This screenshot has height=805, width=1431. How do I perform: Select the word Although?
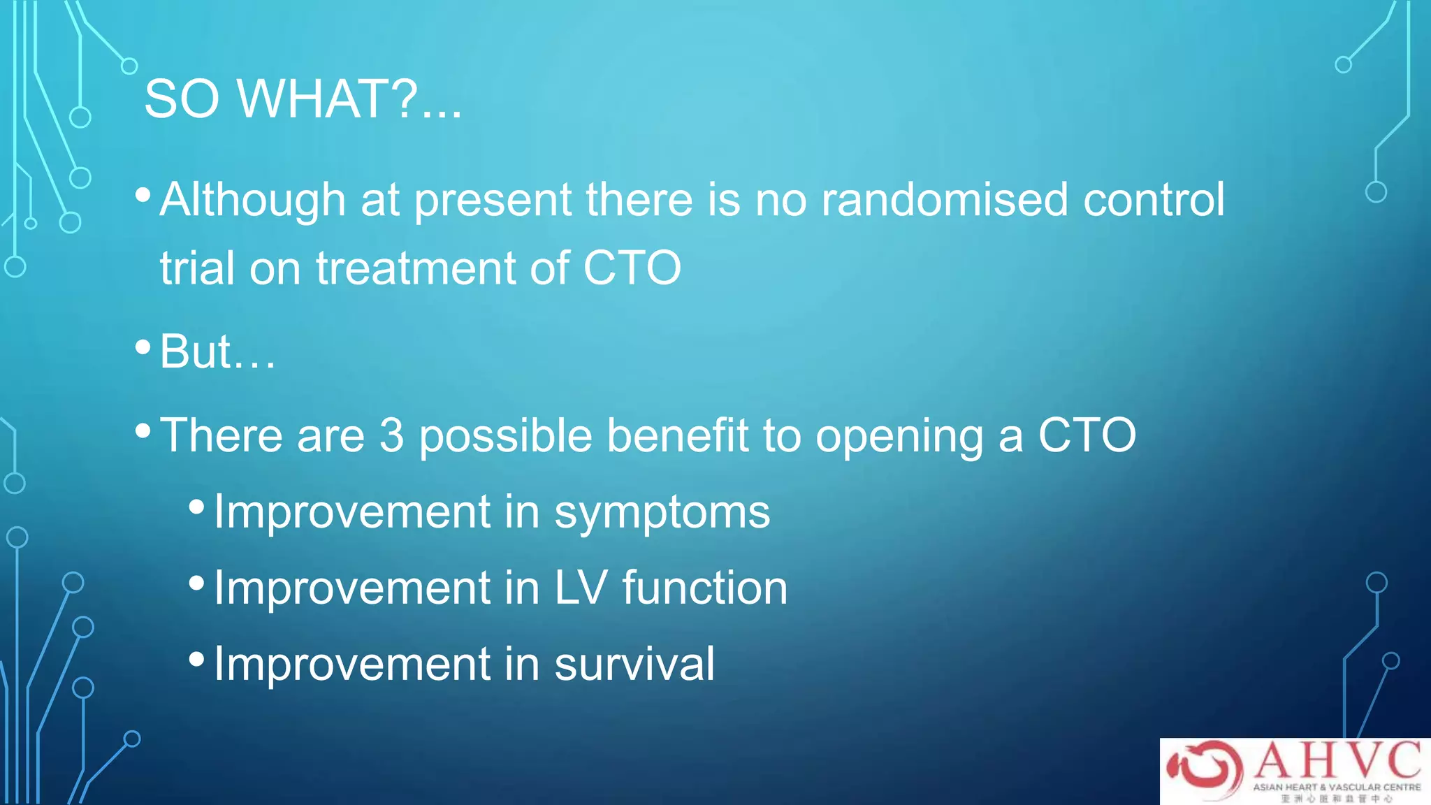click(x=253, y=201)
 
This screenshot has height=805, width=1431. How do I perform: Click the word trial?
click(x=198, y=268)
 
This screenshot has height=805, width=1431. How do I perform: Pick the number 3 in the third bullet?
click(x=392, y=436)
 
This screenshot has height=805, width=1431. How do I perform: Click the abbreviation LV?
click(x=580, y=588)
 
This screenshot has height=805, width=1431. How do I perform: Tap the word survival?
click(x=634, y=664)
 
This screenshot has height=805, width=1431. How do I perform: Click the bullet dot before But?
click(x=143, y=347)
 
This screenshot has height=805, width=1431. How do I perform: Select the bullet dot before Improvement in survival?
click(x=197, y=659)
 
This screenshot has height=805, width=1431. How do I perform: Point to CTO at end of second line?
click(x=632, y=268)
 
